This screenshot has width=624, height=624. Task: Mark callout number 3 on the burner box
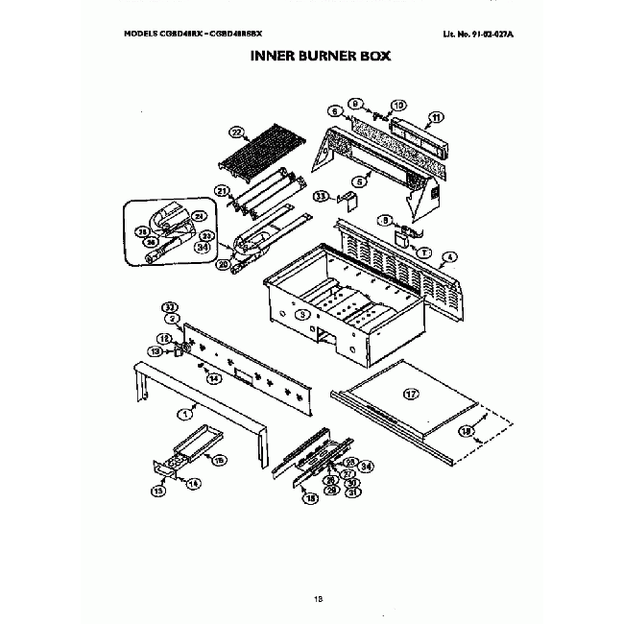pyautogui.click(x=300, y=314)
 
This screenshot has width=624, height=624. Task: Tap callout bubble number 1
pyautogui.click(x=181, y=413)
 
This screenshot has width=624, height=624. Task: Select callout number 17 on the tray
pyautogui.click(x=410, y=394)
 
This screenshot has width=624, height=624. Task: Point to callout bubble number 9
pyautogui.click(x=354, y=103)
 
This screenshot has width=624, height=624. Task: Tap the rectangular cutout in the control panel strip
pyautogui.click(x=243, y=372)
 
